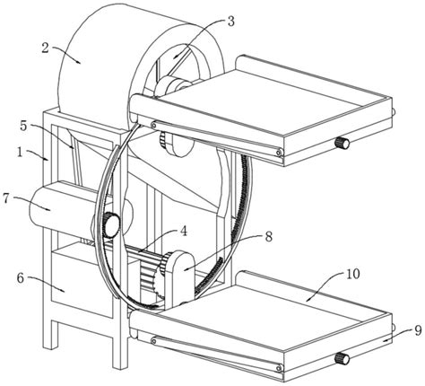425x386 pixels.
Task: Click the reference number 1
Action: point(20,153)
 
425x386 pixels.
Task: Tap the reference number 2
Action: point(45,48)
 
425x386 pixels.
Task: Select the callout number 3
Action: point(231,22)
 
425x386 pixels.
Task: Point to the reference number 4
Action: point(183,231)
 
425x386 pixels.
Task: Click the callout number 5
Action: point(23,126)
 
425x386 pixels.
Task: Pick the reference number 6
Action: point(20,278)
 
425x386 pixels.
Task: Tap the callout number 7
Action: point(6,198)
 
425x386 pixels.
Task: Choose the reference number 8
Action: point(269,237)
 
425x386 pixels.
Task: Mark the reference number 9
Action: point(418,330)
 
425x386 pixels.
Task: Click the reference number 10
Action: point(353,274)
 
